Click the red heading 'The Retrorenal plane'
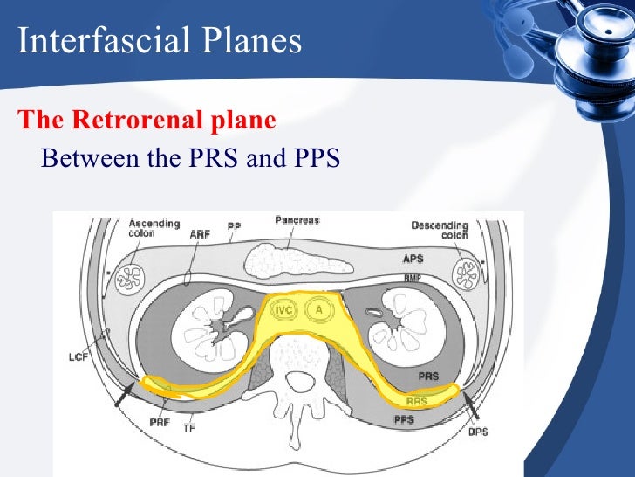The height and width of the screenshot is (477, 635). tap(147, 121)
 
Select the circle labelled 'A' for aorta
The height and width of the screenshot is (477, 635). tap(319, 310)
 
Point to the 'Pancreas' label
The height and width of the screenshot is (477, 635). tap(297, 220)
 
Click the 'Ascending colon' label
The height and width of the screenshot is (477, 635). tap(141, 229)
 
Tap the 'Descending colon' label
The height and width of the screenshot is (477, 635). tap(440, 230)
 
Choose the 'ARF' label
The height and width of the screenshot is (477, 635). tap(200, 234)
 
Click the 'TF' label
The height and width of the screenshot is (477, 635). tap(188, 429)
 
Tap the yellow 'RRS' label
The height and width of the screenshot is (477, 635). tap(417, 402)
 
